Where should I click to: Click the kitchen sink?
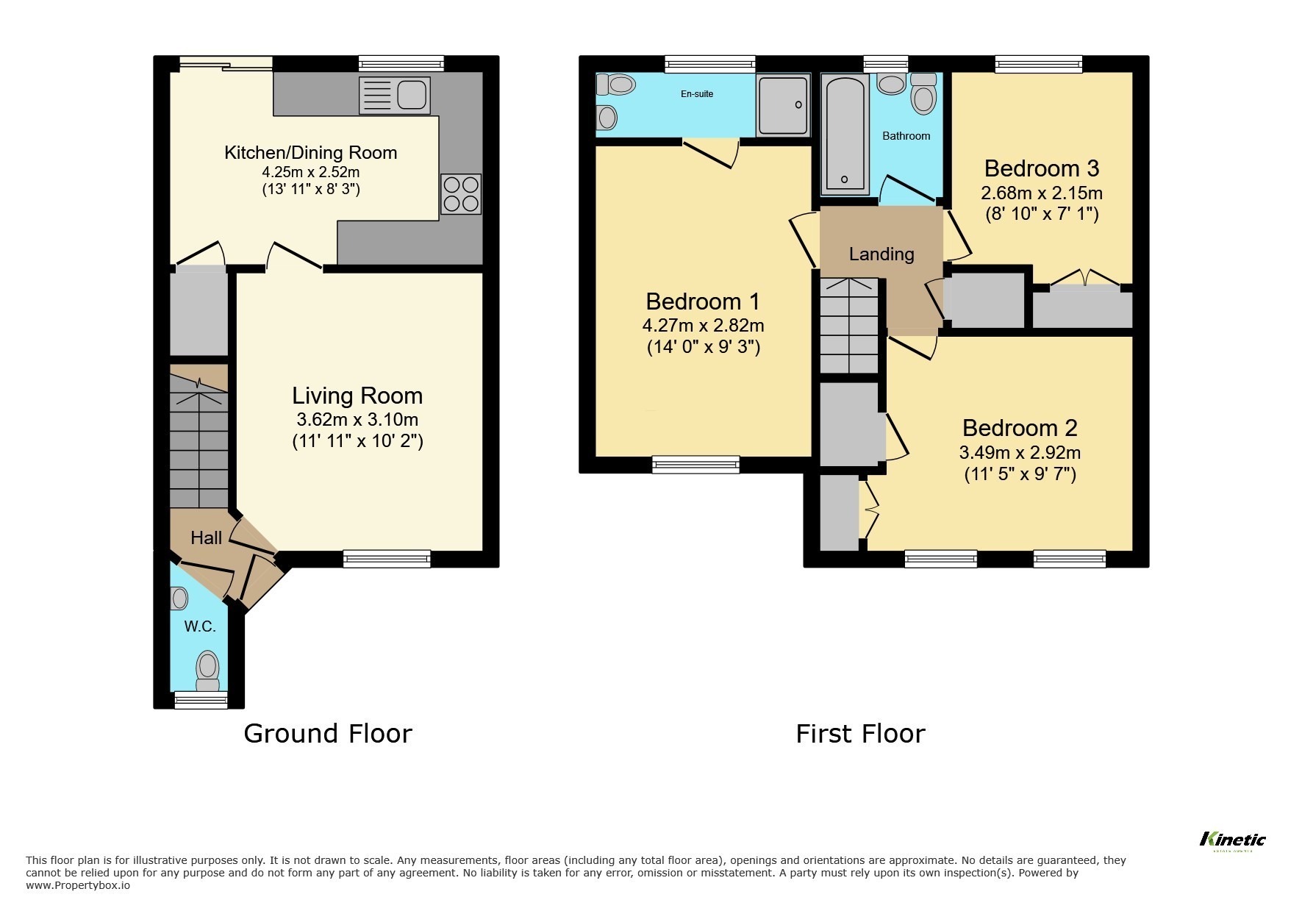(x=395, y=96)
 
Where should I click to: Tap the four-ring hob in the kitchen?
(x=461, y=193)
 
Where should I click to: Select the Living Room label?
(x=357, y=396)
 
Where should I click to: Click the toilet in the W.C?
(x=207, y=668)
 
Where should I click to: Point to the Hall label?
(x=206, y=538)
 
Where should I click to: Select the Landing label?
(x=881, y=254)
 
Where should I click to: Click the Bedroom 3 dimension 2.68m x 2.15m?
(x=1041, y=193)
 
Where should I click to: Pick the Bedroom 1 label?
(x=703, y=301)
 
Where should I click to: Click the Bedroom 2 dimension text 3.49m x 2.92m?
(x=1020, y=453)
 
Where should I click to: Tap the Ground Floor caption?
(x=328, y=733)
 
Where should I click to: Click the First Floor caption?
(x=860, y=733)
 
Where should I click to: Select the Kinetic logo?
(x=1232, y=840)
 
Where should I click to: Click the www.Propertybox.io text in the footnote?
(x=78, y=885)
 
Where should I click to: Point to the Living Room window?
(x=387, y=560)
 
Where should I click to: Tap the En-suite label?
(x=697, y=94)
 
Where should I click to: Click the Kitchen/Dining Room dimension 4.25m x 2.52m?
(x=311, y=172)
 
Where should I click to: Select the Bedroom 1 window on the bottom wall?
(x=695, y=464)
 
